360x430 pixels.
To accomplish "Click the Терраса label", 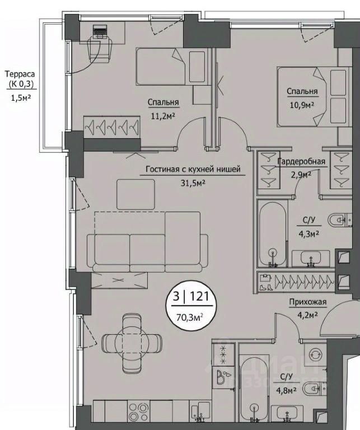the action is (20, 74).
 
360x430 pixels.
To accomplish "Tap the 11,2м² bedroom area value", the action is (163, 116).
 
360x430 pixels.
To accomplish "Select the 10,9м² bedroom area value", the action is (302, 105).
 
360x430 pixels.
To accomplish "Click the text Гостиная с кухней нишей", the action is (193, 169).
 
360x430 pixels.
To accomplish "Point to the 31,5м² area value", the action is (193, 183).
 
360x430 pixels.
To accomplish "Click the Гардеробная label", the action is (301, 161).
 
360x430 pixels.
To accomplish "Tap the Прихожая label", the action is (308, 302).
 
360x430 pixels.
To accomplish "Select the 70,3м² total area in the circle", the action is (190, 317).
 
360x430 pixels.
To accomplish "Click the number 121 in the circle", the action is (199, 296).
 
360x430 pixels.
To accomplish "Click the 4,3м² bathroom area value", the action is (308, 233).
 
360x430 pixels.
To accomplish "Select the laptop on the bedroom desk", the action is (100, 31).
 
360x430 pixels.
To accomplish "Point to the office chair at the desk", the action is (100, 49).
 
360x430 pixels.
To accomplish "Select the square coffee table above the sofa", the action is (135, 195).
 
